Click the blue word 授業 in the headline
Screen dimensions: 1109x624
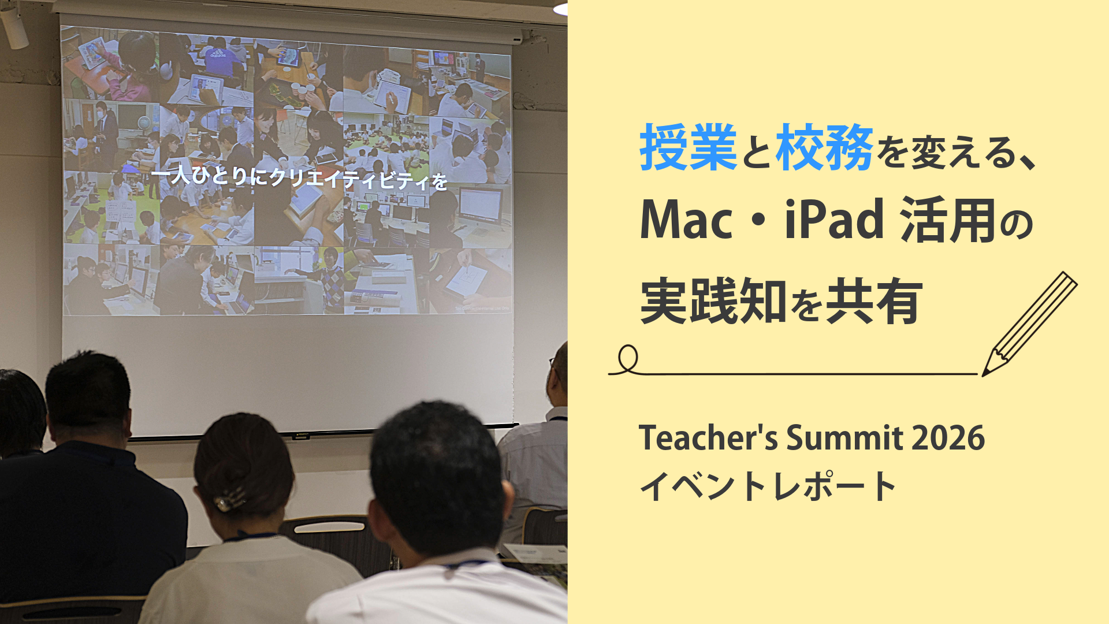[688, 147]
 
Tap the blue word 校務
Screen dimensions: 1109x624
[824, 147]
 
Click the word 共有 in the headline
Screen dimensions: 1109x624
[874, 301]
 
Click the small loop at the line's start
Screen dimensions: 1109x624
[628, 359]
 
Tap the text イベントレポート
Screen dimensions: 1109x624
[768, 485]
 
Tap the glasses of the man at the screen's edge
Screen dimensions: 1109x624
[553, 364]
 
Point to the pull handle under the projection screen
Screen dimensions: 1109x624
[301, 436]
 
